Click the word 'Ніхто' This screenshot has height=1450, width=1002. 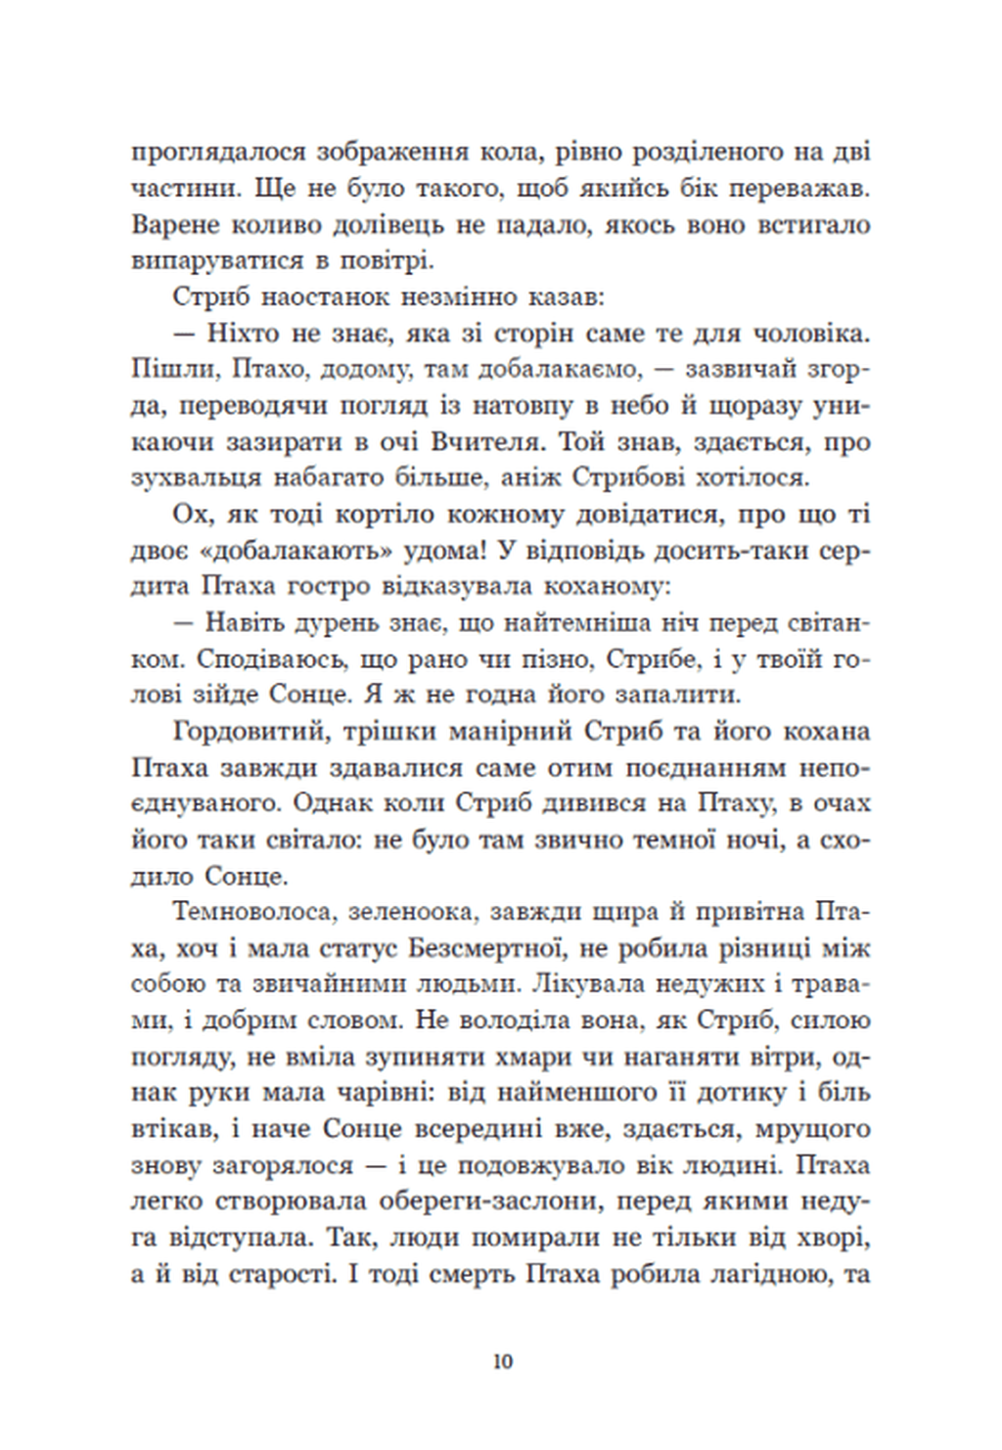245,334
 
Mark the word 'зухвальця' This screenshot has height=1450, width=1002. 196,478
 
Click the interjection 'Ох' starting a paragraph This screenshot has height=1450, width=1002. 191,515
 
